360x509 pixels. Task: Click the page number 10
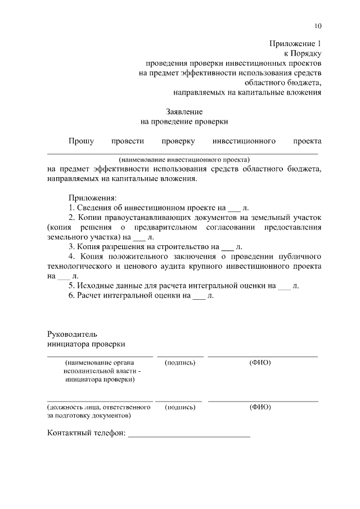pyautogui.click(x=318, y=26)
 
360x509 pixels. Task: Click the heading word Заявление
pyautogui.click(x=184, y=111)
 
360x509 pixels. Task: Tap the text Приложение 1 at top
pyautogui.click(x=296, y=43)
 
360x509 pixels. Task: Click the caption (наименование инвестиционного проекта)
pyautogui.click(x=184, y=160)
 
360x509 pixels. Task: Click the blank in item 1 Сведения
pyautogui.click(x=234, y=208)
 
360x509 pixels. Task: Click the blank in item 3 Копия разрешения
pyautogui.click(x=227, y=247)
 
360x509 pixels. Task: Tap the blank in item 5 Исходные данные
pyautogui.click(x=285, y=286)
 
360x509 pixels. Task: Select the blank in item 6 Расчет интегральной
pyautogui.click(x=199, y=295)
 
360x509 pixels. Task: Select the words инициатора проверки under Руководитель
pyautogui.click(x=85, y=344)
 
